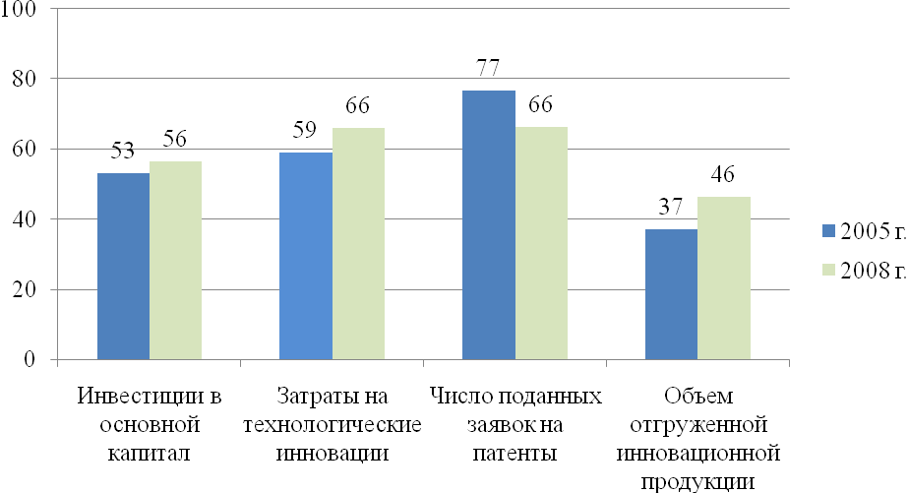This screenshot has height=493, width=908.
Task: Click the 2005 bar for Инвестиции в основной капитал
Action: (124, 266)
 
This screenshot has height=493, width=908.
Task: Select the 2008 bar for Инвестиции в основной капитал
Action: (176, 260)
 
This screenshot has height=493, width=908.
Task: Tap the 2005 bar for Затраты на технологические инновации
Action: (306, 256)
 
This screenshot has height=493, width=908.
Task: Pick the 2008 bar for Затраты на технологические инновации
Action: (358, 243)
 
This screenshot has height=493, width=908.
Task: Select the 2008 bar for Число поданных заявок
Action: (541, 243)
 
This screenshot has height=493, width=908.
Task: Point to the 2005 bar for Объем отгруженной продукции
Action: (672, 294)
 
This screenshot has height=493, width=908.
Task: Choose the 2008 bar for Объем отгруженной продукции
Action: (724, 278)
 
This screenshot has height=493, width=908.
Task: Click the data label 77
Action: (489, 69)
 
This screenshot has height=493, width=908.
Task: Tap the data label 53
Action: (124, 153)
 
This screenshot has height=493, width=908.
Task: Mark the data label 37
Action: (672, 209)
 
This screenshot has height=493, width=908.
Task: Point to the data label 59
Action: (306, 132)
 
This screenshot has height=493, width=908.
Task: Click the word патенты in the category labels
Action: (516, 454)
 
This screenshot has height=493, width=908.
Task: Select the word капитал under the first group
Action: (151, 454)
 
